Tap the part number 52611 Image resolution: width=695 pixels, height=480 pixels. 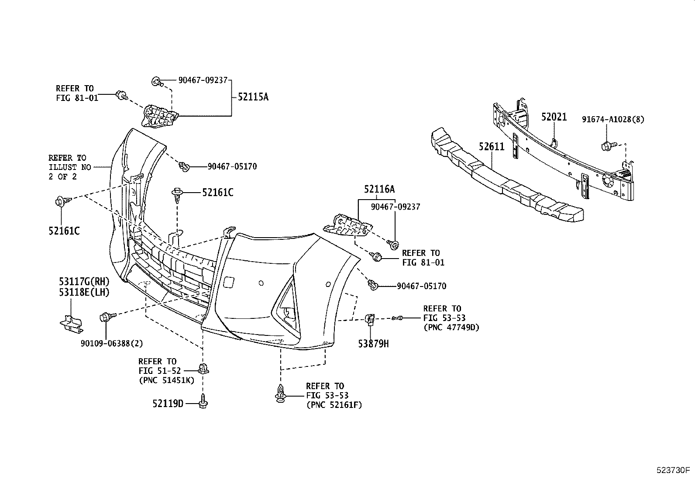491,147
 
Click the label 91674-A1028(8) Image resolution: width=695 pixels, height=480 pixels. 613,119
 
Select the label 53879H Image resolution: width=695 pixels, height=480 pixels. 373,344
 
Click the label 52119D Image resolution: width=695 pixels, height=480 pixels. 168,404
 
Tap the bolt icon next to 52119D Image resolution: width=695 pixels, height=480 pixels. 204,402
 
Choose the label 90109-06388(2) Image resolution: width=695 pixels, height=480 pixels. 112,343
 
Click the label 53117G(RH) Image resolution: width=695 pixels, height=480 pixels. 84,281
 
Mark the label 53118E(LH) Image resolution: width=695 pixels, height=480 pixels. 84,292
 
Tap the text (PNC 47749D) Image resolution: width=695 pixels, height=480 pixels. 451,327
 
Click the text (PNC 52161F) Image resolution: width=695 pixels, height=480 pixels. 334,405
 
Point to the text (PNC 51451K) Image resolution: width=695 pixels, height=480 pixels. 166,380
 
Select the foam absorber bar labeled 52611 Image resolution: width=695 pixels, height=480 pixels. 506,179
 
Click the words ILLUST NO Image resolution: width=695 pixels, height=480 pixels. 69,167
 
